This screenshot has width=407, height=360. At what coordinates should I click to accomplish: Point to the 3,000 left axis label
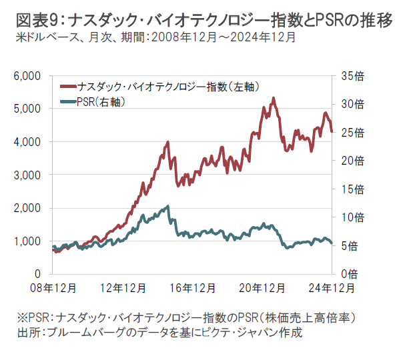coord(28,175)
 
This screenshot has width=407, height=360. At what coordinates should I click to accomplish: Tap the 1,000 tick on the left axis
coord(28,241)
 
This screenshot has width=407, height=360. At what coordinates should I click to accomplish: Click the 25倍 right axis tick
coord(353,133)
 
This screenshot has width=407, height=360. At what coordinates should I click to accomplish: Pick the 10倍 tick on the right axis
coord(353,217)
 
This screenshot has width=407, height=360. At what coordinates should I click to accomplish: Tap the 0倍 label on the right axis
coord(350,274)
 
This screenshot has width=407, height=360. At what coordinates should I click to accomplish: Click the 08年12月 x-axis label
coord(53,288)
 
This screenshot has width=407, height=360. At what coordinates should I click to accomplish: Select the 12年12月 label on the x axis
coord(124,288)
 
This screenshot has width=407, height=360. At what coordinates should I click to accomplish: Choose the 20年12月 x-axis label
coord(262,288)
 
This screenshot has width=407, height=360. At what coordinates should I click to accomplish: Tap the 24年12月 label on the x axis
coord(332,288)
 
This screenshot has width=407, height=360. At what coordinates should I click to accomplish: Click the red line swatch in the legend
coord(66,87)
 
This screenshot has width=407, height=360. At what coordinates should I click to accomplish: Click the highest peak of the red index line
coord(274,98)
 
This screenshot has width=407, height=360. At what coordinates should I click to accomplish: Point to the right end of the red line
coord(332,132)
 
